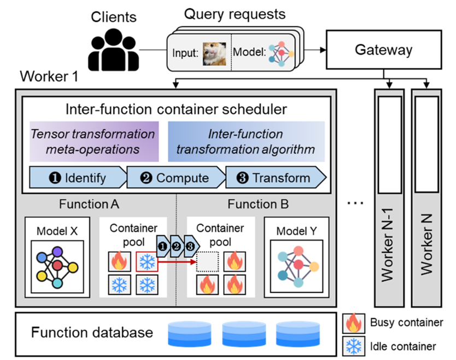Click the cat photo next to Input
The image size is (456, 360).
click(x=215, y=53)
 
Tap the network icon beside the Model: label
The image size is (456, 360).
click(x=281, y=53)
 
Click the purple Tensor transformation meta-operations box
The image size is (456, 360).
click(x=93, y=141)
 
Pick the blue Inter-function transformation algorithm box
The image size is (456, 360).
click(x=246, y=141)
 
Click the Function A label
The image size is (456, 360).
click(x=89, y=205)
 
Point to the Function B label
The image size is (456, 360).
click(x=258, y=205)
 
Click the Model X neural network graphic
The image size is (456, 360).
click(x=57, y=266)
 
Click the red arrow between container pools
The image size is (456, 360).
click(x=177, y=262)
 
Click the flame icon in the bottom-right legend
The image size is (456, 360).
click(x=353, y=323)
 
